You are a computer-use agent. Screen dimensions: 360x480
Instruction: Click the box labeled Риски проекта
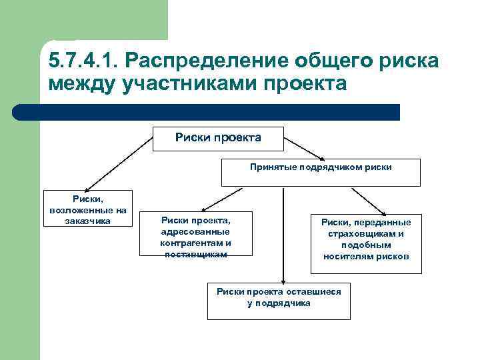218,138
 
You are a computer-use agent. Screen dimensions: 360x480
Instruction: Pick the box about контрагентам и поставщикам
195,235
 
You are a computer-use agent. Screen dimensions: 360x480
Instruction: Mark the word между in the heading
79,85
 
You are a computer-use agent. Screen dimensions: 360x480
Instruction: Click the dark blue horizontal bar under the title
207,112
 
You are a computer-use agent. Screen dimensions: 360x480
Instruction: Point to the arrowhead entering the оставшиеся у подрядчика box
283,282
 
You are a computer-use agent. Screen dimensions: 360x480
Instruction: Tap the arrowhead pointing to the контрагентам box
203,209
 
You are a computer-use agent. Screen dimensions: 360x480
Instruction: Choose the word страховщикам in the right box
366,234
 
